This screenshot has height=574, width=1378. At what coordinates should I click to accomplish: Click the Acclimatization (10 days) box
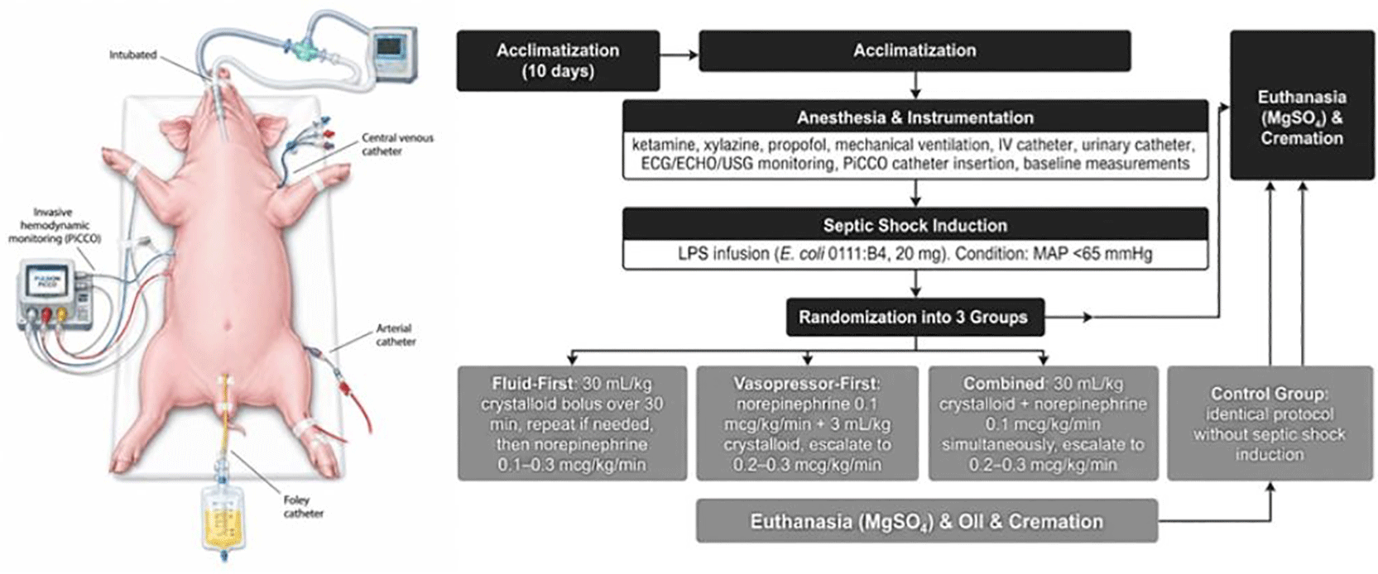pyautogui.click(x=558, y=60)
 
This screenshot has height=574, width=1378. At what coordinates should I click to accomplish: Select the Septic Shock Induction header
pyautogui.click(x=915, y=224)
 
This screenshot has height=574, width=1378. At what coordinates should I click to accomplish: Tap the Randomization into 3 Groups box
pyautogui.click(x=915, y=317)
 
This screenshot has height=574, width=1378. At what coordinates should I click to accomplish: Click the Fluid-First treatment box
pyautogui.click(x=572, y=423)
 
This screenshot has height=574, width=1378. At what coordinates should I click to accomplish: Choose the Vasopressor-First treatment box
pyautogui.click(x=807, y=423)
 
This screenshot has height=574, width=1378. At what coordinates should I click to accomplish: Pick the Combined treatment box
pyautogui.click(x=1044, y=423)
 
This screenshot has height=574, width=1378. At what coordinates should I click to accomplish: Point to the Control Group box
pyautogui.click(x=1270, y=423)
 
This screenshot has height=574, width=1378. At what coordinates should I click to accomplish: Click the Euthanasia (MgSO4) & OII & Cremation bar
pyautogui.click(x=927, y=521)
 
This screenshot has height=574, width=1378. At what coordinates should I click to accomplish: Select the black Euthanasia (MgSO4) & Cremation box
pyautogui.click(x=1302, y=105)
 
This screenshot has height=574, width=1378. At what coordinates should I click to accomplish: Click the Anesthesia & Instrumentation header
pyautogui.click(x=915, y=117)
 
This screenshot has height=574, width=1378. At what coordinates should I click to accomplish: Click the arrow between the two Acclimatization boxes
pyautogui.click(x=679, y=55)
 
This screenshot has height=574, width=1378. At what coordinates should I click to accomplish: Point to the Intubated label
pyautogui.click(x=133, y=55)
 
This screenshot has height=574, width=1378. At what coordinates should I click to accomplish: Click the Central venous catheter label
pyautogui.click(x=396, y=145)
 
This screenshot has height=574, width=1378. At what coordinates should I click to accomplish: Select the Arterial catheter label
pyautogui.click(x=396, y=335)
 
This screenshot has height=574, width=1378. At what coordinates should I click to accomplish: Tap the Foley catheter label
pyautogui.click(x=303, y=506)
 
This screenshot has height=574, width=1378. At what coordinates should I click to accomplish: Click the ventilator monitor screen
pyautogui.click(x=390, y=46)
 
